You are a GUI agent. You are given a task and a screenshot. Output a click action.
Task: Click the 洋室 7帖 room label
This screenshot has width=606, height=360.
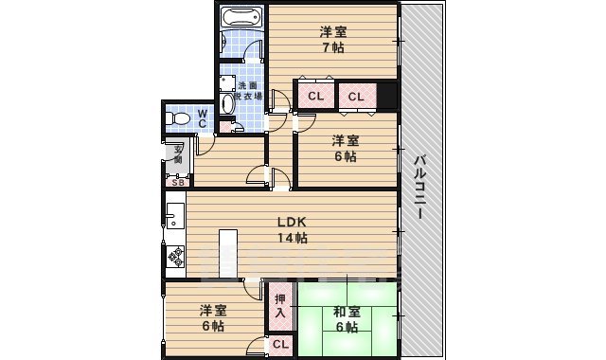click(x=331, y=39)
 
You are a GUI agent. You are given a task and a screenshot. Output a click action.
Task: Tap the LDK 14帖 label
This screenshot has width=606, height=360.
click(x=292, y=230)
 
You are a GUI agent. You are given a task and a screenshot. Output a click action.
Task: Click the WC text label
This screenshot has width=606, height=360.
click(x=203, y=117)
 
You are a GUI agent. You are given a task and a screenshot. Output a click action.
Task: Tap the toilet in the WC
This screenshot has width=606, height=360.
click(x=177, y=117)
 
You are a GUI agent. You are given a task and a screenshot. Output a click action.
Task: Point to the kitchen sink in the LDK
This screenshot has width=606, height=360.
click(x=174, y=218)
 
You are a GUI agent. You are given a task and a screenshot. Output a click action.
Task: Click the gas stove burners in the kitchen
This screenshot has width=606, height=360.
click(x=174, y=255)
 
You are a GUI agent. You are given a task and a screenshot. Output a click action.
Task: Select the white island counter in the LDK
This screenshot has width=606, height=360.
click(x=227, y=253)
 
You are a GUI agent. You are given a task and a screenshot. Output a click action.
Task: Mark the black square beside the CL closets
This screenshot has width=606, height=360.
click(x=386, y=96)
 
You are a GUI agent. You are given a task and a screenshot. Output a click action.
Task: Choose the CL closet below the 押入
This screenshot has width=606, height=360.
click(x=280, y=346)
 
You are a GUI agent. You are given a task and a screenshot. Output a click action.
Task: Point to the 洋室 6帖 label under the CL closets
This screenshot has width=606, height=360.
click(x=344, y=149)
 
